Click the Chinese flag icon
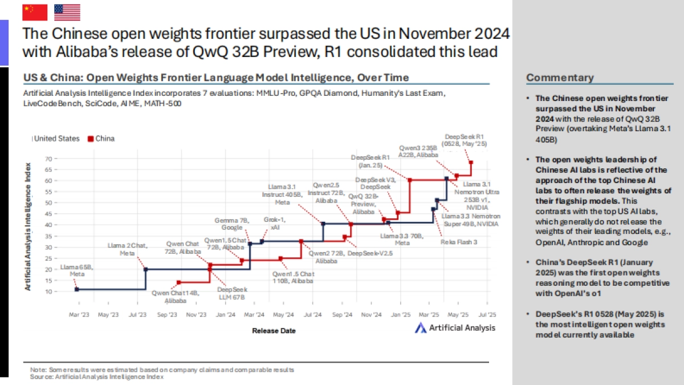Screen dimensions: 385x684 click(35, 12)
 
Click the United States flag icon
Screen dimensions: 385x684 click(67, 12)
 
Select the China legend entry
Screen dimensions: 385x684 click(101, 139)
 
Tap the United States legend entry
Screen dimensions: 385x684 click(55, 139)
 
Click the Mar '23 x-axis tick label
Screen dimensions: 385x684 click(79, 314)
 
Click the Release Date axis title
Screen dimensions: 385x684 click(274, 331)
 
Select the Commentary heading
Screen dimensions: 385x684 click(560, 78)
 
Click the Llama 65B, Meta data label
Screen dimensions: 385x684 click(76, 270)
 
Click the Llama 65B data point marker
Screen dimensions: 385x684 click(77, 290)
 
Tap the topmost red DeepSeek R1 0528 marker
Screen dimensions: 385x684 click(471, 163)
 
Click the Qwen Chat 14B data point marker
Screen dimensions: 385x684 click(179, 282)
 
